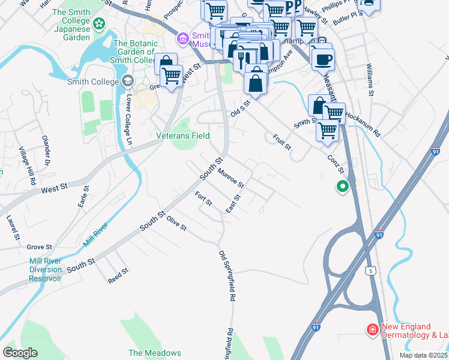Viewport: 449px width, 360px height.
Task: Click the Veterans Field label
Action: (183, 136)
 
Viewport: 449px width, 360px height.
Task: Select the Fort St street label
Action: (204, 199)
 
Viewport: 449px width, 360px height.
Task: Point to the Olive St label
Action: (177, 223)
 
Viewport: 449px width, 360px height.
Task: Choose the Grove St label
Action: (40, 247)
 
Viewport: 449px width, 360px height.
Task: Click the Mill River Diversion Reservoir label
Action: (46, 270)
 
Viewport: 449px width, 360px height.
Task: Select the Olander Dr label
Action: (46, 151)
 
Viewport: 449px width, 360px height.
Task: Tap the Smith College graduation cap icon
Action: (127, 81)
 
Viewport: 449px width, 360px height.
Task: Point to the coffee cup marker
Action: (323, 59)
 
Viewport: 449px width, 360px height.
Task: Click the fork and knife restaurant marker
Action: (243, 59)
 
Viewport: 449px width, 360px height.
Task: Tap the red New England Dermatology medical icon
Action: (372, 329)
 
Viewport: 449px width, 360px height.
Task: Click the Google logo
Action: (20, 353)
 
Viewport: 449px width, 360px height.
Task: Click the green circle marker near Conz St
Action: (343, 187)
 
